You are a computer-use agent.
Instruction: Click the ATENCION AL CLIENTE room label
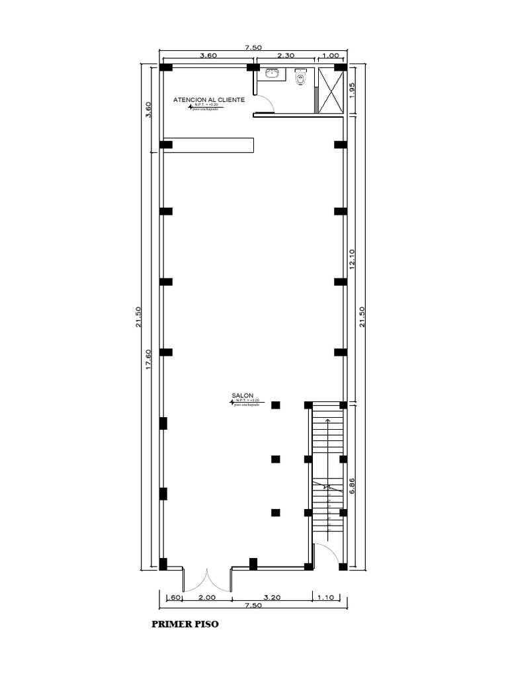click(209, 100)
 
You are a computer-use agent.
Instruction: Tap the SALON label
click(243, 395)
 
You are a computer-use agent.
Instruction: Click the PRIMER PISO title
click(185, 623)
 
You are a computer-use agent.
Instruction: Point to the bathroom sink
click(272, 73)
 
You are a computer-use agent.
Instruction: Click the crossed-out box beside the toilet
click(330, 90)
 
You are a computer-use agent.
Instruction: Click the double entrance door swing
click(208, 580)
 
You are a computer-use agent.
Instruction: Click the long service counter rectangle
click(208, 145)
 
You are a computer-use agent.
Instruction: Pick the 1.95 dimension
click(352, 90)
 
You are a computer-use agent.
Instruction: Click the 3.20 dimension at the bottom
click(272, 597)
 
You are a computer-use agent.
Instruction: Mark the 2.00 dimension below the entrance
click(207, 597)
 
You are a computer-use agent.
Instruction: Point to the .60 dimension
click(174, 597)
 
